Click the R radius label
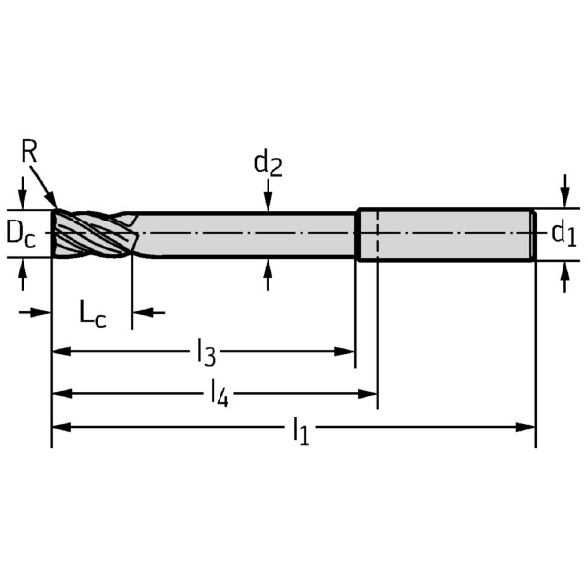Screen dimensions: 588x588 [x=28, y=151]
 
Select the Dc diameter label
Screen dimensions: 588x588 [x=22, y=236]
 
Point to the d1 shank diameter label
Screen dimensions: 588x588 [x=563, y=234]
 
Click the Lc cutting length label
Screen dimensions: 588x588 [x=93, y=315]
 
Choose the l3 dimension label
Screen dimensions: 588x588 [x=206, y=352]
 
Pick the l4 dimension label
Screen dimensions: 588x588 [x=220, y=393]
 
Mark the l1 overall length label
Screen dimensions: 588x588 [x=301, y=431]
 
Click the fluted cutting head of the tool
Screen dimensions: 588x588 [x=95, y=234]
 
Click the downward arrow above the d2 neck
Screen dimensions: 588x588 [x=268, y=195]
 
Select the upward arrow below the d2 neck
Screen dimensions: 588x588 [x=268, y=274]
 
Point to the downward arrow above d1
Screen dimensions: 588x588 [x=565, y=191]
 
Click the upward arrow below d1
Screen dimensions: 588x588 [x=565, y=276]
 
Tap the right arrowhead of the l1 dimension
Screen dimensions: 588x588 [x=526, y=427]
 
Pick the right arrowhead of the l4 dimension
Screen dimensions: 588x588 [x=367, y=394]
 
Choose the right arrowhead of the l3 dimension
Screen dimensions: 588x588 [x=344, y=352]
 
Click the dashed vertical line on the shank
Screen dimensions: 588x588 [x=378, y=234]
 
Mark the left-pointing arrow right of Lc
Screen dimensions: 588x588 [x=149, y=312]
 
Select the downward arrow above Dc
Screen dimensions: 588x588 [x=23, y=193]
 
